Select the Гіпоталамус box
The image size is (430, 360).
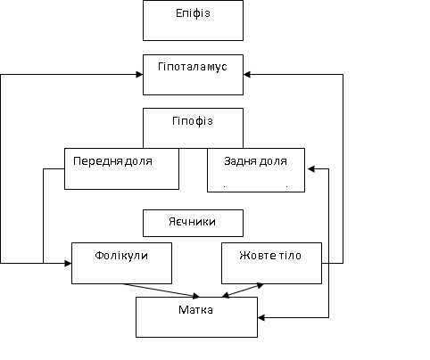[x=193, y=74]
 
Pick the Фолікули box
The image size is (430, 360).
[x=121, y=262]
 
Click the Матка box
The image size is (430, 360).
[x=196, y=316]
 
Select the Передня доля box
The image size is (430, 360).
[x=121, y=168]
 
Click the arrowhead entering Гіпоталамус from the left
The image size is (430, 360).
[x=139, y=74]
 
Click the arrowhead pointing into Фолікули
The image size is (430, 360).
[x=67, y=263]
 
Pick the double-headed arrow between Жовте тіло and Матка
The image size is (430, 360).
[x=242, y=290]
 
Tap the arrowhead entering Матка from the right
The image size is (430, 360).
[x=262, y=316]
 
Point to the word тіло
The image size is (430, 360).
[x=288, y=255]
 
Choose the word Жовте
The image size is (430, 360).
[x=256, y=255]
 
